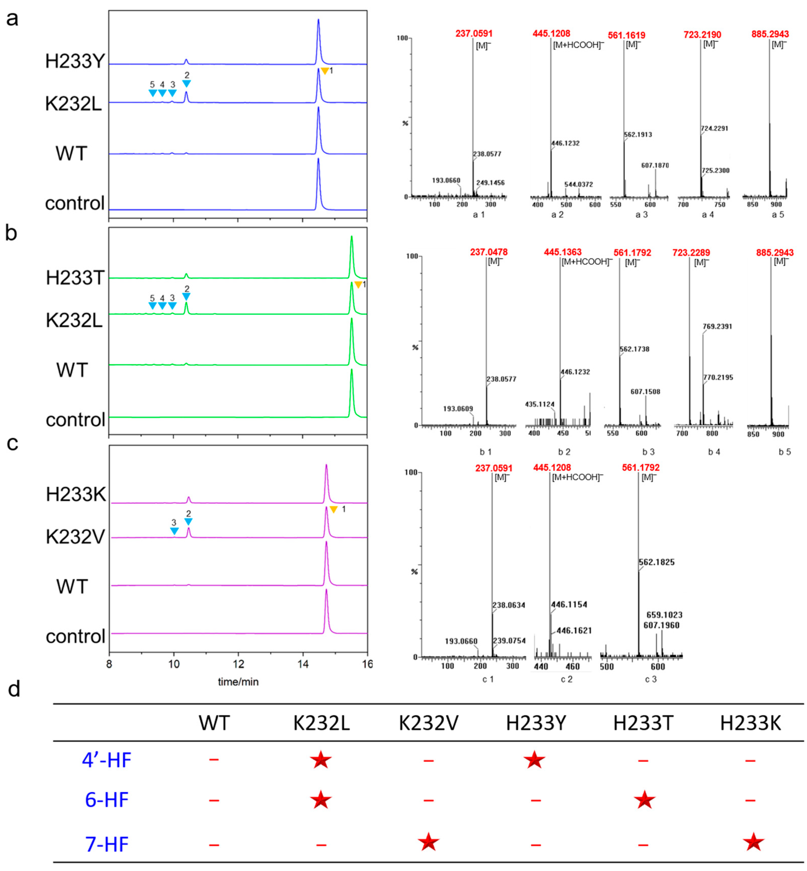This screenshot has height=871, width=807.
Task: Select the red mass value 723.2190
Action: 702,34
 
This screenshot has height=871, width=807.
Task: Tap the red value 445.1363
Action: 563,252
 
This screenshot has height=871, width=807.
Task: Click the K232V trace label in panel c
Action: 75,537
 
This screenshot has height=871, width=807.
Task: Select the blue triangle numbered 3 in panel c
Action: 174,531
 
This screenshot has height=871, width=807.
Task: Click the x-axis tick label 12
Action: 238,664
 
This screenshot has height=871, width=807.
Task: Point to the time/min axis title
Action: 238,681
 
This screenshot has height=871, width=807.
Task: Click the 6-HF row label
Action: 107,800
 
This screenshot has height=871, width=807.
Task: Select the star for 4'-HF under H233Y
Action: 534,761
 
